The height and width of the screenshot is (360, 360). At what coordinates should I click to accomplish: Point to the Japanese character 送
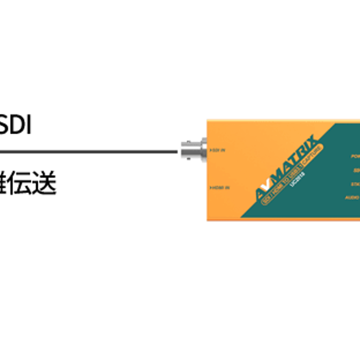coord(45,184)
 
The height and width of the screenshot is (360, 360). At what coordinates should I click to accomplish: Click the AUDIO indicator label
coord(352,197)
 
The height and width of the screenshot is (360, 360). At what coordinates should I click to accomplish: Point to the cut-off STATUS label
coord(355,184)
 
